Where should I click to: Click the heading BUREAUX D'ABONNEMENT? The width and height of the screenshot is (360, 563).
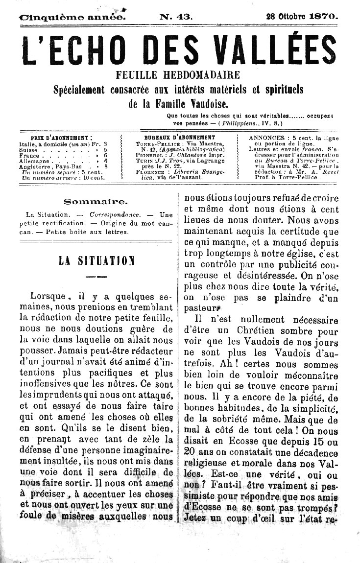(x=180, y=138)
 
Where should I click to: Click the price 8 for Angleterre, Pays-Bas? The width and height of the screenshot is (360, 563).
(x=106, y=166)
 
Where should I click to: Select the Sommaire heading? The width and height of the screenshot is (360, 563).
(x=96, y=201)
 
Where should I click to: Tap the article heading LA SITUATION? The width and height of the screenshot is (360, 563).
(x=96, y=261)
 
